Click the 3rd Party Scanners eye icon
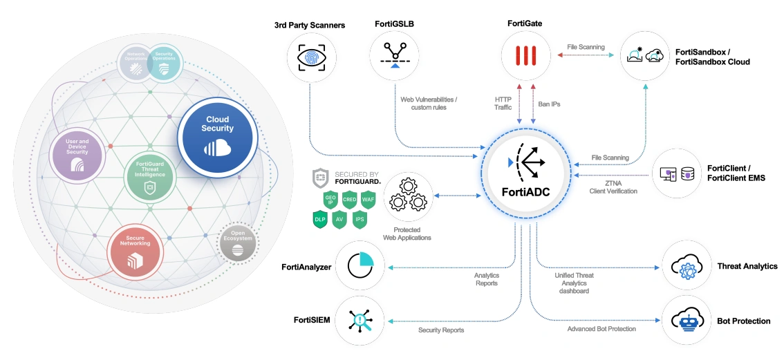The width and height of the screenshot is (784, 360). click(x=310, y=57)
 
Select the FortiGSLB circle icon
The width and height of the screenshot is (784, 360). click(x=395, y=57)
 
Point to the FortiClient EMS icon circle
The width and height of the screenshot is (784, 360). click(x=677, y=173)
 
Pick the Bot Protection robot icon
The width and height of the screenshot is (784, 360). click(x=687, y=320)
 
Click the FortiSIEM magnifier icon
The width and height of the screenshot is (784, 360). click(x=361, y=320)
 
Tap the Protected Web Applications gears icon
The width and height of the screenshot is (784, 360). click(x=407, y=196)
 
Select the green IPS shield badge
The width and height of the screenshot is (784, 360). click(x=360, y=219)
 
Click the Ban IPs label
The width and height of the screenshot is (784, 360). click(x=549, y=104)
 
